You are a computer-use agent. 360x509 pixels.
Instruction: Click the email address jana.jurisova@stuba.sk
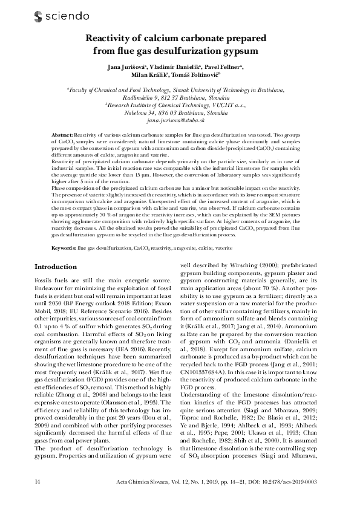[x=180, y=121]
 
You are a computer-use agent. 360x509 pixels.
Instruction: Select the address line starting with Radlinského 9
[x=180, y=97]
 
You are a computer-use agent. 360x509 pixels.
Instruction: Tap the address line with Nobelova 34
[x=180, y=113]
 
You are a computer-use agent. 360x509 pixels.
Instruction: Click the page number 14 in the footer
[x=38, y=481]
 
